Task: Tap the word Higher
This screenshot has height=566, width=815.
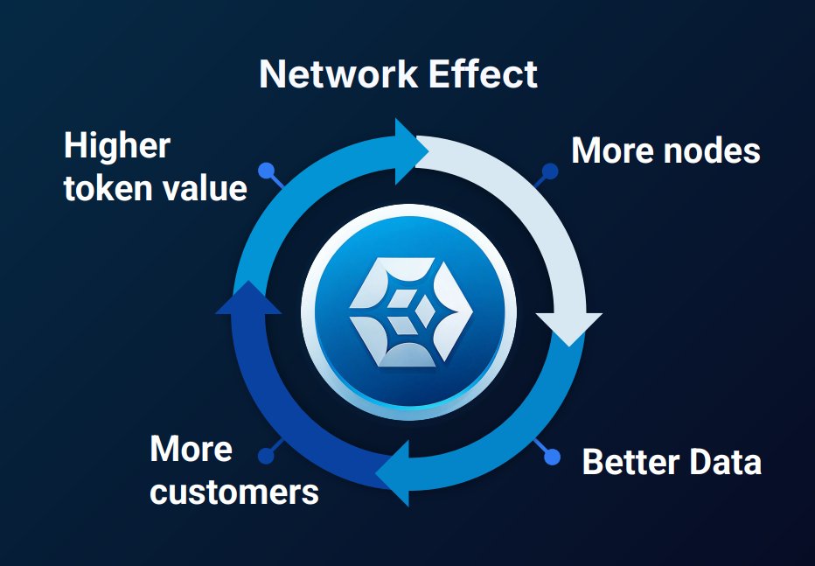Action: [116, 146]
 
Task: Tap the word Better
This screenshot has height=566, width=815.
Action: [630, 462]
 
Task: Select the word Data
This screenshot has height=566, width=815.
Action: [724, 462]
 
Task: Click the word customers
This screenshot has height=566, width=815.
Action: [234, 492]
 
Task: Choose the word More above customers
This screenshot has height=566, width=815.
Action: [191, 450]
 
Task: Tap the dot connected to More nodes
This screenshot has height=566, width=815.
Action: [550, 170]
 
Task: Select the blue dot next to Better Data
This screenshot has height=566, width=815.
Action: [552, 457]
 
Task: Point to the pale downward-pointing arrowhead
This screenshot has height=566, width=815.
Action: [569, 327]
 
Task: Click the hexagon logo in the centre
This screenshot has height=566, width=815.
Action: [408, 312]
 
